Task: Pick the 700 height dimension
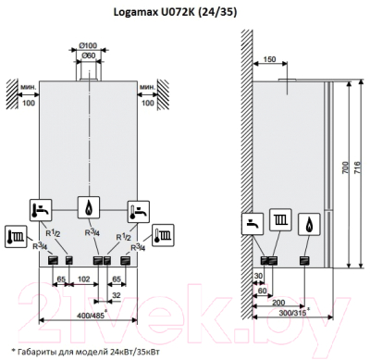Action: pyautogui.click(x=341, y=173)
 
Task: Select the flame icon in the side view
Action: pyautogui.click(x=314, y=223)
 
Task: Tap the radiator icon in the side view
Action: pyautogui.click(x=282, y=223)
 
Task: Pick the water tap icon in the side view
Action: pyautogui.click(x=253, y=223)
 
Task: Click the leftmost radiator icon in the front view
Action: pyautogui.click(x=15, y=233)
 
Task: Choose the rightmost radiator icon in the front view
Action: pyautogui.click(x=165, y=233)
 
